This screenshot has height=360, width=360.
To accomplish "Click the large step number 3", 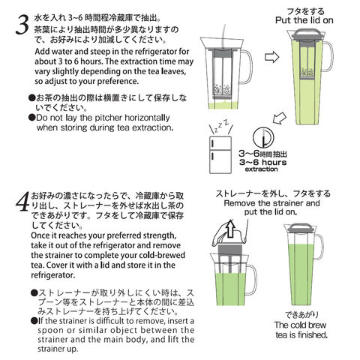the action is pos(22,25).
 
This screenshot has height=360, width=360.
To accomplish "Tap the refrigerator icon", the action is pos(220,154).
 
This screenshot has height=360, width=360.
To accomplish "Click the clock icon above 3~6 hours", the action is pos(263,137).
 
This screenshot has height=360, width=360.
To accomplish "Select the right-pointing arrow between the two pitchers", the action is pos(271,57).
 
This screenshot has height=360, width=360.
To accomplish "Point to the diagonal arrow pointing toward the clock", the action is pos(280,118).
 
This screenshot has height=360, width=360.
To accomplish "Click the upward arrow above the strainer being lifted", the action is pos(230,228).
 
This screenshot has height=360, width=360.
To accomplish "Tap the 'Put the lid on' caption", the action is pos(304,20).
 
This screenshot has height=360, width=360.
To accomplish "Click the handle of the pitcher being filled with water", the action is pos(246,67).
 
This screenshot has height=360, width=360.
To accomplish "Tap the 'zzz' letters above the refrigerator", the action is pos(221,126).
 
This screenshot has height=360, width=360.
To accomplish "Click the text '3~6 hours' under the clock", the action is pos(262,162).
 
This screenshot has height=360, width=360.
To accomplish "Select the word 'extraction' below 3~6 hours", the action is pos(261,169).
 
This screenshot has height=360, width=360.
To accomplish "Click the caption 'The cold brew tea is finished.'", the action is pos(301,330).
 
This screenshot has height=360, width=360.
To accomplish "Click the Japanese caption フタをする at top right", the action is pos(305,11).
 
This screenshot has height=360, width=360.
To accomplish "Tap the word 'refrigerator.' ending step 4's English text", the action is pos(53,275).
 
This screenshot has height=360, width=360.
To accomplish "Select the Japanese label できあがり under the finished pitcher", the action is pos(302,315).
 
